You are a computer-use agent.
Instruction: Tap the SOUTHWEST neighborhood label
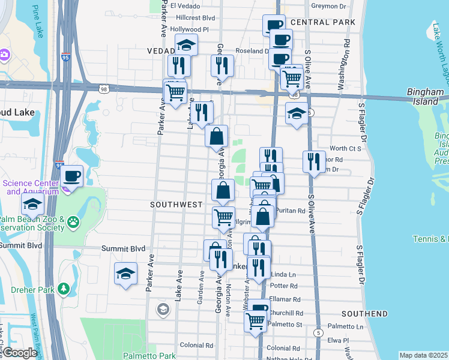(176, 205)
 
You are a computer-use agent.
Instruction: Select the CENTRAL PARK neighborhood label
(318, 22)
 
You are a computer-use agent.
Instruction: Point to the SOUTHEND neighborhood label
(364, 314)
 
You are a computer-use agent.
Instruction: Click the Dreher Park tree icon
(64, 289)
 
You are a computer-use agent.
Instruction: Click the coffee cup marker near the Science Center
(71, 176)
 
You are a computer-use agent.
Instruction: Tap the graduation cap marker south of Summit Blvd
(125, 274)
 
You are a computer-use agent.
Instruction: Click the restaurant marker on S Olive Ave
(314, 161)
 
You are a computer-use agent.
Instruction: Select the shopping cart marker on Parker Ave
(175, 92)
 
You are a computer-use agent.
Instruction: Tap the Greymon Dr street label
(329, 6)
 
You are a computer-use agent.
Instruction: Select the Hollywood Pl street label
(189, 29)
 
